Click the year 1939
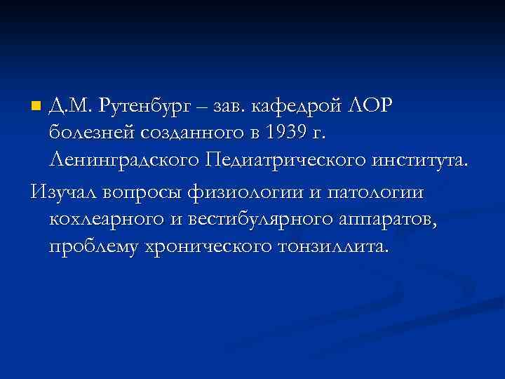pyautogui.click(x=285, y=133)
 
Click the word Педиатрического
pyautogui.click(x=285, y=161)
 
